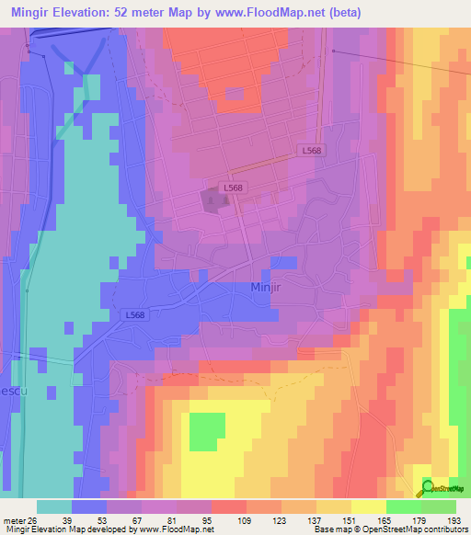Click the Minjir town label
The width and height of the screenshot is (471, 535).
coord(270,287)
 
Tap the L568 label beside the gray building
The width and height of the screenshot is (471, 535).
coord(233,187)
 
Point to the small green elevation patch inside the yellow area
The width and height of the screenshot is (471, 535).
coord(207,432)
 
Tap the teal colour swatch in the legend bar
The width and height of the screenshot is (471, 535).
coord(54,507)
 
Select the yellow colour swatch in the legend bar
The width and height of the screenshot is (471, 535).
coord(369,507)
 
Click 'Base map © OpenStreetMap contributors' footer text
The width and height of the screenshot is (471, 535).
coord(389,529)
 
